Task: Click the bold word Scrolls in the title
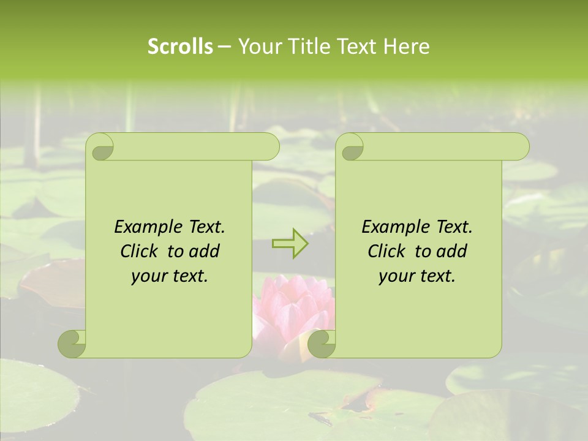(x=180, y=47)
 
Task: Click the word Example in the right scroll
(x=392, y=227)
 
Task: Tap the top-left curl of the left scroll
(x=100, y=147)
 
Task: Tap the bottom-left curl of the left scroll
(x=72, y=343)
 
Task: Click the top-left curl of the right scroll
(x=350, y=147)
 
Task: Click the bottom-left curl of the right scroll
(x=322, y=343)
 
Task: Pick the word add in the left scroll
(x=204, y=251)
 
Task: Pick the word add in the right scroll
(x=451, y=251)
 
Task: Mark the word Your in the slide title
(x=257, y=47)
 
